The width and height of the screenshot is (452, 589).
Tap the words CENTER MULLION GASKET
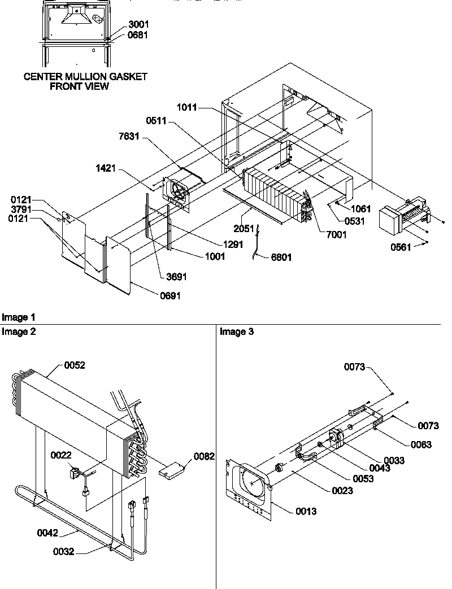pyautogui.click(x=85, y=77)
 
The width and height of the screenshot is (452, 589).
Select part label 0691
pyautogui.click(x=169, y=295)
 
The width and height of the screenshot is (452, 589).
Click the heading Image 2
pyautogui.click(x=19, y=332)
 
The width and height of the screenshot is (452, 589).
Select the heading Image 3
pyautogui.click(x=237, y=332)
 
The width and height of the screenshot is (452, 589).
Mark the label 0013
pyautogui.click(x=306, y=512)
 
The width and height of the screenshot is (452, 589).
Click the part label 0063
pyautogui.click(x=420, y=445)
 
